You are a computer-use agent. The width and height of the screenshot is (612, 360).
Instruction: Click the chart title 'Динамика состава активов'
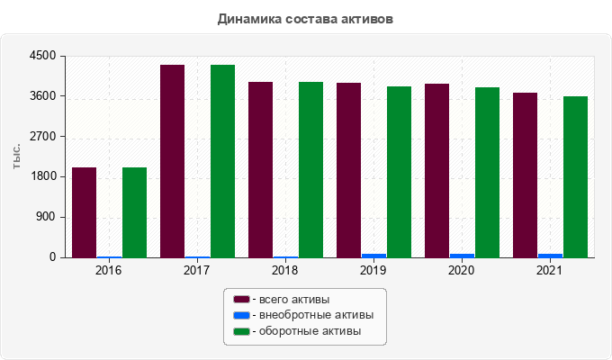click(305, 19)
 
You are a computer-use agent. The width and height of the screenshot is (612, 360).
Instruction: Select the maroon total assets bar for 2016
click(85, 212)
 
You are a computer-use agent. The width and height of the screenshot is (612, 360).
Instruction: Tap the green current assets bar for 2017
click(223, 161)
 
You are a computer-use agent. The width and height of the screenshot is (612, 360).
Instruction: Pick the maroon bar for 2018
click(261, 170)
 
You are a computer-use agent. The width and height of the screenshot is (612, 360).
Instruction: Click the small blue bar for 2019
click(373, 256)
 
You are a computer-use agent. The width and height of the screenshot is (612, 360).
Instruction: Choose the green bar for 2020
click(487, 173)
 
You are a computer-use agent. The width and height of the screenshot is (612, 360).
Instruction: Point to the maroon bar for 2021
click(525, 175)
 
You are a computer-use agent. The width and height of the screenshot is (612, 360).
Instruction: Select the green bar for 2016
click(135, 212)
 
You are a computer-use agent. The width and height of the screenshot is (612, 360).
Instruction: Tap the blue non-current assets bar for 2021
click(550, 256)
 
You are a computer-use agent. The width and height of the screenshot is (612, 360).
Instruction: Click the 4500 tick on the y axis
click(42, 56)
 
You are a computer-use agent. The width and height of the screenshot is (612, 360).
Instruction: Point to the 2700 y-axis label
click(42, 137)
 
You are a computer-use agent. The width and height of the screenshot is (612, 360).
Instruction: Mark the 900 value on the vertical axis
click(47, 217)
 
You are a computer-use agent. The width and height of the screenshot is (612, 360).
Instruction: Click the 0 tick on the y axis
click(52, 257)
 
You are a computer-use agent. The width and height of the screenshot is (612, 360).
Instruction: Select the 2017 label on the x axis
click(197, 270)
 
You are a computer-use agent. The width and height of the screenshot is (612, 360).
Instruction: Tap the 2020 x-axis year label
click(462, 270)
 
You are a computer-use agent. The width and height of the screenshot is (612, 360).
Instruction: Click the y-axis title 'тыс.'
click(16, 157)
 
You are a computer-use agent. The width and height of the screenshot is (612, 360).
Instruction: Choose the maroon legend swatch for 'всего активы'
click(241, 300)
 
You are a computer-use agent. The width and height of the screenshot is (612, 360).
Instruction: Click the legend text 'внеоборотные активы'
click(317, 315)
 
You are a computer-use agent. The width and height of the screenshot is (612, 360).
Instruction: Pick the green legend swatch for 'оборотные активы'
click(241, 331)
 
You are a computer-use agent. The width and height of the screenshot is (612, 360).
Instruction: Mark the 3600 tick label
click(42, 96)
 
